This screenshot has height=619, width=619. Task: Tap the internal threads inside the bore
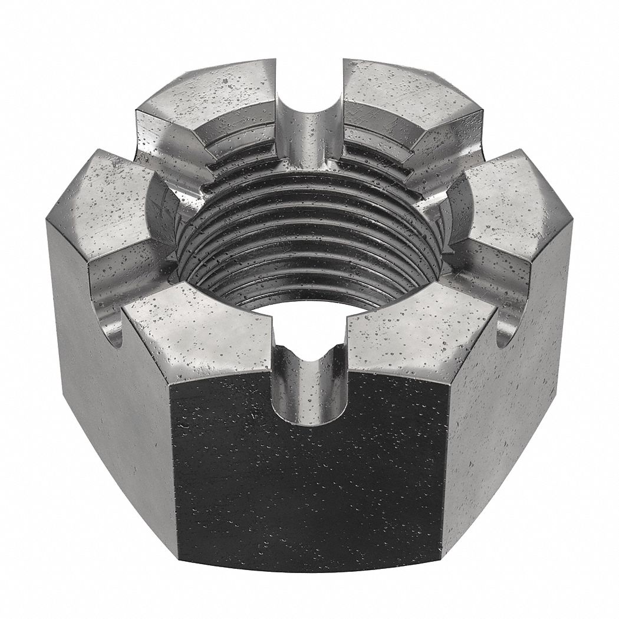click(x=312, y=236)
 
